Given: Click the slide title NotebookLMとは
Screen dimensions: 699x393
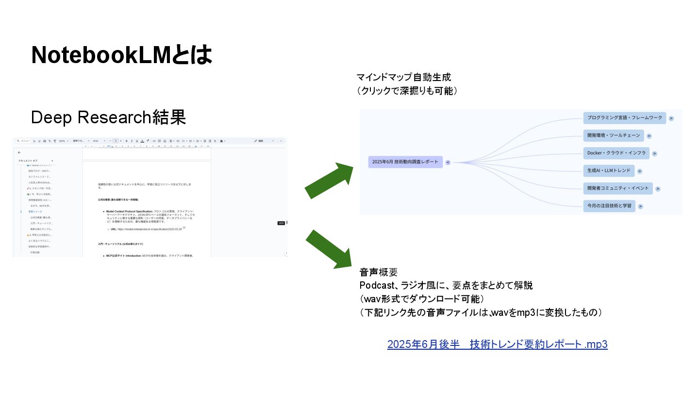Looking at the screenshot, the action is click(x=122, y=55).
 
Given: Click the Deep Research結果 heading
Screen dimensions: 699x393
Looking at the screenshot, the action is click(x=108, y=117).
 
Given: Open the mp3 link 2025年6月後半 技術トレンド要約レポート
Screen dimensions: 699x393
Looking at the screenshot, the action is click(x=497, y=344).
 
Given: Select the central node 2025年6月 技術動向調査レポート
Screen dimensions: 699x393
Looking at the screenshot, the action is click(x=405, y=162).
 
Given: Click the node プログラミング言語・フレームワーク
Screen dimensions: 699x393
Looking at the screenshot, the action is click(x=624, y=117).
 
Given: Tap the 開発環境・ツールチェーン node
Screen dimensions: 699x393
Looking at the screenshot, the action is click(x=614, y=135).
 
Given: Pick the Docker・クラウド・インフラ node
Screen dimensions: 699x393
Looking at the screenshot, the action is click(x=616, y=153).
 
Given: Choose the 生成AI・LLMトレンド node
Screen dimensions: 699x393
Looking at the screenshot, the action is click(x=609, y=170).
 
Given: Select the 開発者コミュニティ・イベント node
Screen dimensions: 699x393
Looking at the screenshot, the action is click(x=617, y=188).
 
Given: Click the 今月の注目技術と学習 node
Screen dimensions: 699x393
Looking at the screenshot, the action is click(x=609, y=206).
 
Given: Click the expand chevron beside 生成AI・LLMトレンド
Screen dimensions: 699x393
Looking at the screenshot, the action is click(x=640, y=171).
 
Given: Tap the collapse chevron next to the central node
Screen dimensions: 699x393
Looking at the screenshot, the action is click(x=448, y=163).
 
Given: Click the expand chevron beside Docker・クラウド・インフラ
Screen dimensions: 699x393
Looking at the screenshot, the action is click(x=654, y=154).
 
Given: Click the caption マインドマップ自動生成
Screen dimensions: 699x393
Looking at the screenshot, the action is click(x=404, y=77).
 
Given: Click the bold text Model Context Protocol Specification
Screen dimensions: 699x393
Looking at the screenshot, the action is click(x=129, y=212).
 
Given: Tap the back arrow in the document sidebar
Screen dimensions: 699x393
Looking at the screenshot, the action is click(x=19, y=152).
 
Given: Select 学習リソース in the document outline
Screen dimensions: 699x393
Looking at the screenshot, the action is click(x=35, y=212).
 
